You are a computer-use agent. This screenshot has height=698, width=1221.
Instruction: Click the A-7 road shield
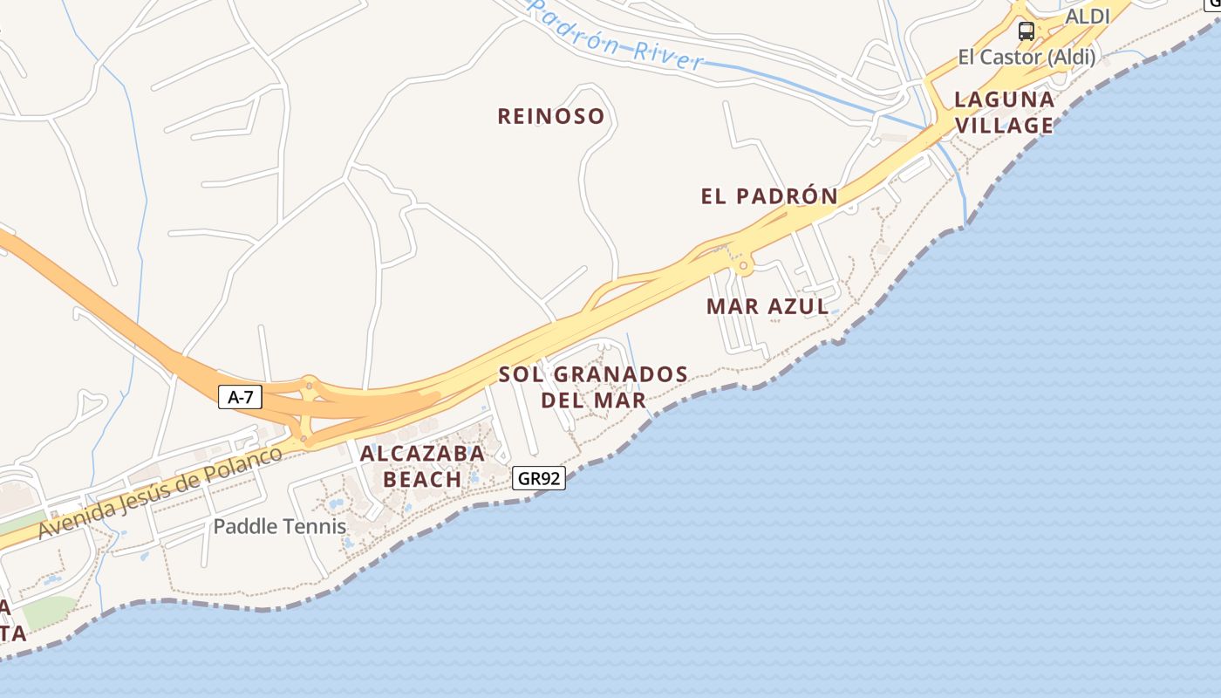point(240,398)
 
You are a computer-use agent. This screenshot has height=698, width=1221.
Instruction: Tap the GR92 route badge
point(540,478)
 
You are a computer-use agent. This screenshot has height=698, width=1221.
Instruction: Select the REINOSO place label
point(550,116)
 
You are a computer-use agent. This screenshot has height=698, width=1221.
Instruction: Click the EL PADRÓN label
point(769,196)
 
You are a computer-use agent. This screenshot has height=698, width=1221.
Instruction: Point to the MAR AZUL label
point(767,306)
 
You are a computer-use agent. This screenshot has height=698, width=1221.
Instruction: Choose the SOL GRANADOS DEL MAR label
point(593,387)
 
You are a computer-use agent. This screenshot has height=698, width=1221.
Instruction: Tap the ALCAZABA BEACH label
point(422,466)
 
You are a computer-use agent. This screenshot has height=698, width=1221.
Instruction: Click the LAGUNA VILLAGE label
point(1005,113)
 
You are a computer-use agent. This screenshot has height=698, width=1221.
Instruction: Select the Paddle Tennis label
point(280,527)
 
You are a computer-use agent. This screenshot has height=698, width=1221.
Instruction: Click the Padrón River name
point(616,36)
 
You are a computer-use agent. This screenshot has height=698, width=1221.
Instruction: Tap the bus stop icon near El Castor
point(1027,31)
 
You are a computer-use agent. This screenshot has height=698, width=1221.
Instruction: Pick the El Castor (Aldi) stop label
point(1027,58)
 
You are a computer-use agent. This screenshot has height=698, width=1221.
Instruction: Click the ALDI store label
point(1088,17)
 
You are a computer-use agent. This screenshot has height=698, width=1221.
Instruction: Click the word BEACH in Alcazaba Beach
point(422,479)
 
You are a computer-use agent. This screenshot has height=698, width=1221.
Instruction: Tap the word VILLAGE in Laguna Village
point(1005,126)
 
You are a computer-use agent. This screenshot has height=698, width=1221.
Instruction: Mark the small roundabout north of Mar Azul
point(743,264)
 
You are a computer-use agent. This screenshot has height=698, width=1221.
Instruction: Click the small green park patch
point(49,612)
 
